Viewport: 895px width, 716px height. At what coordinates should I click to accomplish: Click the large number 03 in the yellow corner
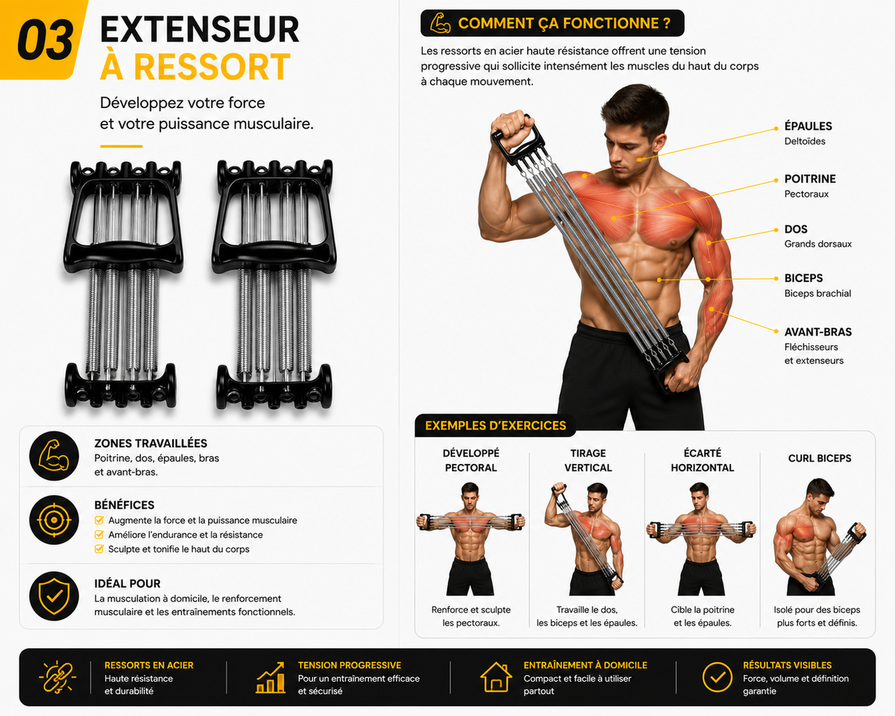pyautogui.click(x=45, y=40)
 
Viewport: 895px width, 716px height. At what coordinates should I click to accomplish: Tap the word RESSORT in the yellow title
pyautogui.click(x=212, y=66)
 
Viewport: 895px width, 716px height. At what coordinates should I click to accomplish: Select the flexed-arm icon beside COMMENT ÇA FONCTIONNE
pyautogui.click(x=440, y=23)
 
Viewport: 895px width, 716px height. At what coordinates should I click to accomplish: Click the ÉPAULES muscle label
pyautogui.click(x=808, y=126)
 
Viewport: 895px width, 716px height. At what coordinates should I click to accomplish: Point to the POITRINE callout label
pyautogui.click(x=810, y=179)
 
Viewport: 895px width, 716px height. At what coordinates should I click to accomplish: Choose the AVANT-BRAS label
pyautogui.click(x=817, y=332)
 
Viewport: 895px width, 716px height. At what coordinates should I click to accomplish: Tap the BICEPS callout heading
pyautogui.click(x=803, y=278)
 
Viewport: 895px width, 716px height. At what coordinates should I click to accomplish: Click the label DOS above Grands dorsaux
pyautogui.click(x=796, y=229)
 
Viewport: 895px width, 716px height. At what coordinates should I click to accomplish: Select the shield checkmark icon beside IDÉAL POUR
pyautogui.click(x=54, y=596)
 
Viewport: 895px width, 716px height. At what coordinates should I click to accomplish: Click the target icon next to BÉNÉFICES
pyautogui.click(x=54, y=520)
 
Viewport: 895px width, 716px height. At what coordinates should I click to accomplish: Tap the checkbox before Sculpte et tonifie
pyautogui.click(x=99, y=549)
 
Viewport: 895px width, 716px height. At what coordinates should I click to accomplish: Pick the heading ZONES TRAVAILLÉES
pyautogui.click(x=151, y=443)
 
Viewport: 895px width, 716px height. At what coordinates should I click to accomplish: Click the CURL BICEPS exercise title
pyautogui.click(x=820, y=458)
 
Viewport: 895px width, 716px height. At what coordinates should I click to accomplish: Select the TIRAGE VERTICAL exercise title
pyautogui.click(x=588, y=460)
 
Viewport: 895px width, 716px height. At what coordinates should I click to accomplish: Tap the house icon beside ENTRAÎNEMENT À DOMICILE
pyautogui.click(x=496, y=677)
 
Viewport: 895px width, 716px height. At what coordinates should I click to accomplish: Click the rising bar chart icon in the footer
pyautogui.click(x=270, y=677)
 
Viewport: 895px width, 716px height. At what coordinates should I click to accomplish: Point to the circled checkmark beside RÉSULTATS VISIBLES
pyautogui.click(x=717, y=677)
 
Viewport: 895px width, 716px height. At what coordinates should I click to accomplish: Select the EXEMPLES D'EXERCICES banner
pyautogui.click(x=495, y=426)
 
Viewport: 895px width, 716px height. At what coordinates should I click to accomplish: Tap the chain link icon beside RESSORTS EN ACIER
pyautogui.click(x=57, y=677)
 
